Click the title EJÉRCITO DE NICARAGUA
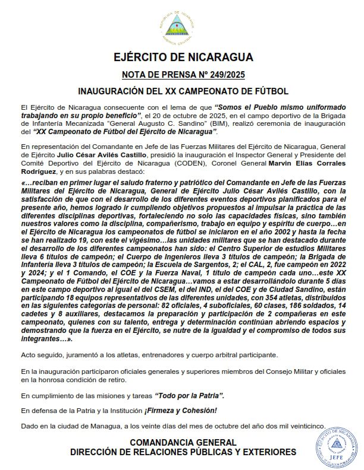pyautogui.click(x=183, y=58)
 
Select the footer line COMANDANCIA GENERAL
pyautogui.click(x=183, y=443)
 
